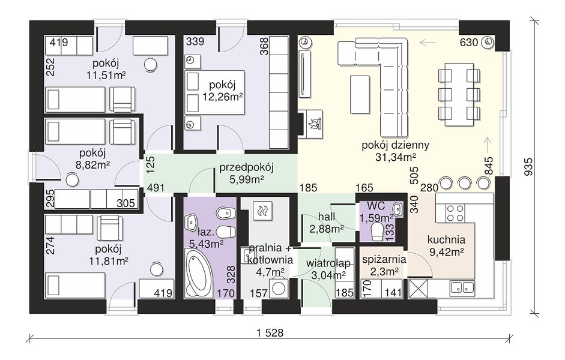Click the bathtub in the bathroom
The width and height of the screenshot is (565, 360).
pos(199,273)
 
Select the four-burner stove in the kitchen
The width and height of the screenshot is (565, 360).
pos(455,213)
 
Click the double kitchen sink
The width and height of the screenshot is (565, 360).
pos(462,287)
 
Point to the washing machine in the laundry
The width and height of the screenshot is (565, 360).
pos(279,287)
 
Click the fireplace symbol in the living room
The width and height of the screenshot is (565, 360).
pos(313,124)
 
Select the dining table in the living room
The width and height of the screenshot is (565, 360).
pos(459,95)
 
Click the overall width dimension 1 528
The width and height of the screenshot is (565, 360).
pos(270,333)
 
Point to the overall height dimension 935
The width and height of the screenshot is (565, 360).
pos(528,166)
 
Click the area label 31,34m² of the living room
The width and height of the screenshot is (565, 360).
pos(396,157)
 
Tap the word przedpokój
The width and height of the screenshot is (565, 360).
pos(247,167)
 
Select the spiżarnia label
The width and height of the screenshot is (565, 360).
pos(384,260)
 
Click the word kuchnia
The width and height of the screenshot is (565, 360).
pos(446,240)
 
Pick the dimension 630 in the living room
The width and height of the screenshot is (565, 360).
pos(469,43)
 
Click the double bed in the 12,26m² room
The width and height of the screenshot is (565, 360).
pos(215,92)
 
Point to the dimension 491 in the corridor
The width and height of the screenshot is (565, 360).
pos(156,188)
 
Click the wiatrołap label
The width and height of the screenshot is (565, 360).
pos(328,263)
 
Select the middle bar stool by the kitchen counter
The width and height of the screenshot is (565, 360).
pos(464,182)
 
